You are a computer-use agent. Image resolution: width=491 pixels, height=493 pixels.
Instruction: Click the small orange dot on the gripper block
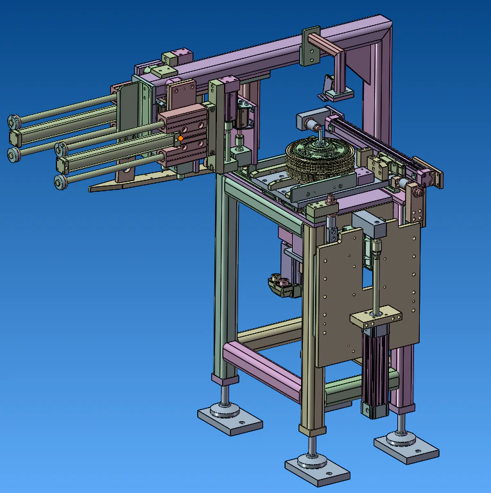[181, 137]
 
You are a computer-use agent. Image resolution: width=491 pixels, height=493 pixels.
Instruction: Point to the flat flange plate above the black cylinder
[376, 317]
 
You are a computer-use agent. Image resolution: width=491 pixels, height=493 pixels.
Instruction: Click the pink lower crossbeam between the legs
[260, 369]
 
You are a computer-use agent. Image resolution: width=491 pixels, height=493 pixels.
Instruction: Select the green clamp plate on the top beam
[311, 46]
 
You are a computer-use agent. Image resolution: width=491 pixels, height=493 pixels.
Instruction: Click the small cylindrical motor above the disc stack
[307, 122]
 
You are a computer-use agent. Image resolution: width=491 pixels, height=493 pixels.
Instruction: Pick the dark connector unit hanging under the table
[281, 285]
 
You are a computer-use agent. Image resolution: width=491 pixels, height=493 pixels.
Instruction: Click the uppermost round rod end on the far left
[13, 121]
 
